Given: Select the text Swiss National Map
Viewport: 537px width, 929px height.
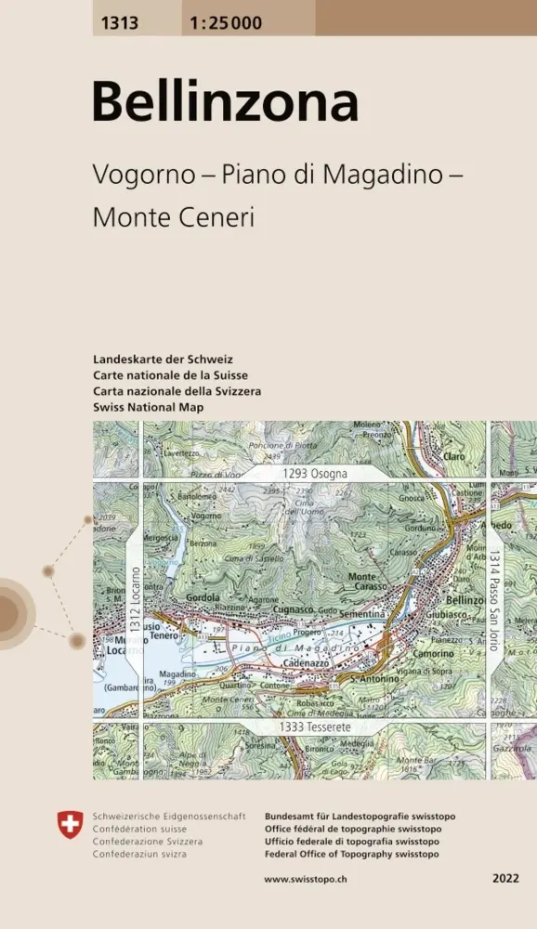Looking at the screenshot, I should pos(148,408).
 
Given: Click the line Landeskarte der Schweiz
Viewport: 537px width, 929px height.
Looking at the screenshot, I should pos(163,359).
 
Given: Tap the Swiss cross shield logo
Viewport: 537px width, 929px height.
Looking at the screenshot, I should pos(70,822).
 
